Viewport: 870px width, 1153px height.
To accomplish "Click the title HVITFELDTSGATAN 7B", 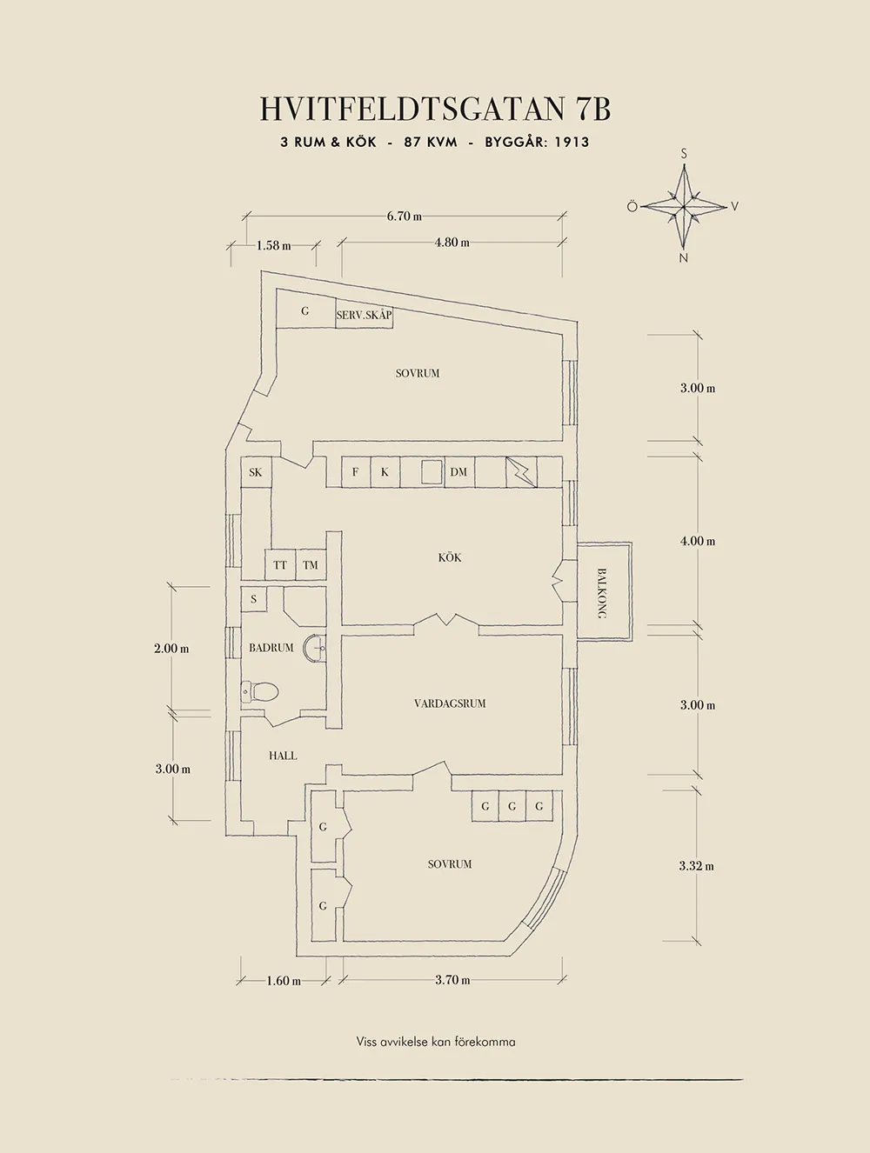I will tap(435, 109).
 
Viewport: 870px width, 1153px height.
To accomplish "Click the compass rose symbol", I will tap(685, 207).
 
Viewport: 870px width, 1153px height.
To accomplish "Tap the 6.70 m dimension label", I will tap(405, 217).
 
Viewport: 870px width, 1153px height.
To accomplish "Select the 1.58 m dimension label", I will tap(273, 246).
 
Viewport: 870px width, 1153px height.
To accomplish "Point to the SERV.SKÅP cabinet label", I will tap(364, 315).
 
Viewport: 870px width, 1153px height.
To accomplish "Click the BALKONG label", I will tap(602, 592).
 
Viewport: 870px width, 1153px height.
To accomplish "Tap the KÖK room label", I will tap(450, 557).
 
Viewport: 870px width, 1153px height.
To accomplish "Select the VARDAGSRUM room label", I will tap(450, 703).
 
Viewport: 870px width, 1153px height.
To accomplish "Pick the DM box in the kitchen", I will tap(458, 472).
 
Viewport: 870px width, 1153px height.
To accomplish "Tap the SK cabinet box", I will tap(256, 472).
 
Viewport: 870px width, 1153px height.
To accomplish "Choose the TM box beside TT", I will tap(311, 565).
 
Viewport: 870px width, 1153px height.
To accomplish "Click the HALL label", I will tap(283, 756).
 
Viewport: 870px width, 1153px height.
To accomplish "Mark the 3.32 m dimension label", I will tap(697, 866).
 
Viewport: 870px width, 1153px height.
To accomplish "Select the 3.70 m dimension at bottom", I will tap(452, 980).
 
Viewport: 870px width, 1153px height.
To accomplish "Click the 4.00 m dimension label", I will tap(698, 541).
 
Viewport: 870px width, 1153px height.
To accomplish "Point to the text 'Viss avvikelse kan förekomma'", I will tap(435, 1041).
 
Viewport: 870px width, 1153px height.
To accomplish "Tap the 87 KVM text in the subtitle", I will tap(431, 142).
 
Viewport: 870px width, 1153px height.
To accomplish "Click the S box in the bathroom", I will tap(254, 599).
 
